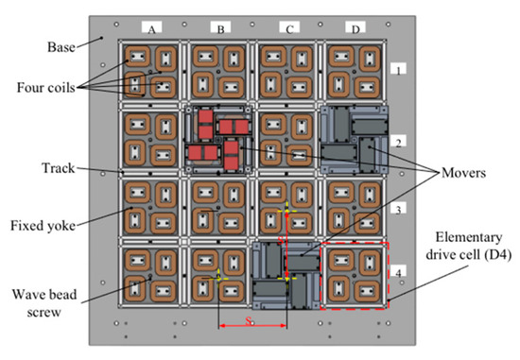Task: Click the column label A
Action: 151,30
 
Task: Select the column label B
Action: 220,30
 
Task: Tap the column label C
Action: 289,30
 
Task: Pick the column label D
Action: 355,30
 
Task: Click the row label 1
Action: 398,71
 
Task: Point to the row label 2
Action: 398,143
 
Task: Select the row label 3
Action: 398,210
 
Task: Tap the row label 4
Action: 398,273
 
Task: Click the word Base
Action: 61,47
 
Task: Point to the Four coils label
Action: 46,88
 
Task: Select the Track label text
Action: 59,168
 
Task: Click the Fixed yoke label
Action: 43,226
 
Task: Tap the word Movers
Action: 463,173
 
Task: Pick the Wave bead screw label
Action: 44,303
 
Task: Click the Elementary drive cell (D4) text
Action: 469,247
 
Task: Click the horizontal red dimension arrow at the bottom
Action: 252,326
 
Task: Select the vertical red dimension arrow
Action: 287,246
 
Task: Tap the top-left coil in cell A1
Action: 138,56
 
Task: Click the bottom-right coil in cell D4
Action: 367,291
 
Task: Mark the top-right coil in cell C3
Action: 301,195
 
